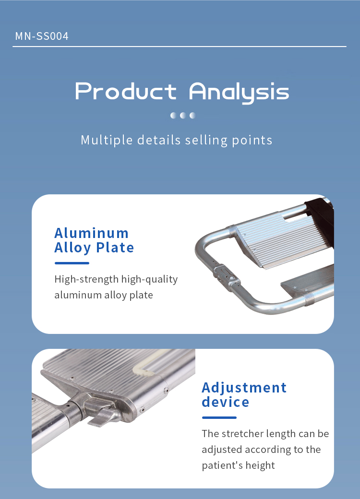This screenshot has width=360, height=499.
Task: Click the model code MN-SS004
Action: [42, 36]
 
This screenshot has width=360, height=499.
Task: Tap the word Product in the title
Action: [126, 91]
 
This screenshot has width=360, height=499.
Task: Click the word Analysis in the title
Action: [239, 92]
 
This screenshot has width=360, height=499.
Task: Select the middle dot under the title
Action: [183, 115]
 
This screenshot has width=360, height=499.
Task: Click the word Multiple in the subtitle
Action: [107, 140]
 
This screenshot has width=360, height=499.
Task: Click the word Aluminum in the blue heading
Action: [91, 233]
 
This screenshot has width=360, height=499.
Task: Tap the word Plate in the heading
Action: [115, 248]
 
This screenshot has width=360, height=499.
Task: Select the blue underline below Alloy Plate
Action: [72, 263]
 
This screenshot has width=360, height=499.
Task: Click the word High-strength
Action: [86, 279]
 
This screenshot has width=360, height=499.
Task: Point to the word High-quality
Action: [149, 279]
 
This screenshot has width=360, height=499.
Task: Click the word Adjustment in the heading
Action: [244, 388]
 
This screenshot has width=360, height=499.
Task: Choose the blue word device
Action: [225, 402]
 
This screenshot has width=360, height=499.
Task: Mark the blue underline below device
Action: [219, 417]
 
